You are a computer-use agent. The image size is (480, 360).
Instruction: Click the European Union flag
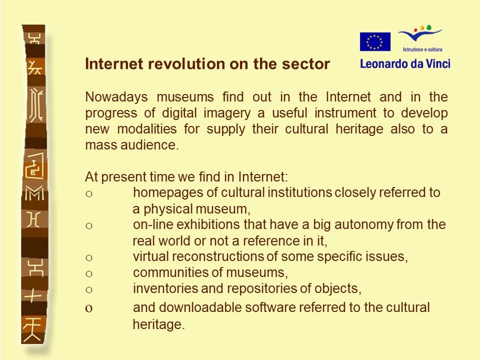(375, 41)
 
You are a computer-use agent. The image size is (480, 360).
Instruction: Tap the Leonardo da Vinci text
(405, 63)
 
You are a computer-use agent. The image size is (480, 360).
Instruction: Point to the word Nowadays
(116, 97)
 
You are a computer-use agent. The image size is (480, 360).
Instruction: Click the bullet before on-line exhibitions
(89, 226)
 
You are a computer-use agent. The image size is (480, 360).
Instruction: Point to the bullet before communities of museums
(89, 273)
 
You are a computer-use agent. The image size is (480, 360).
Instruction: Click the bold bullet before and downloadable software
(89, 308)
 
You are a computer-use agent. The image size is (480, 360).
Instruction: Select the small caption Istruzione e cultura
(422, 49)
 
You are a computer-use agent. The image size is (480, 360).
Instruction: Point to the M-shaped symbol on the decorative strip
(34, 193)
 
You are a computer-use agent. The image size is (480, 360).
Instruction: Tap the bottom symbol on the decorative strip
(32, 329)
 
